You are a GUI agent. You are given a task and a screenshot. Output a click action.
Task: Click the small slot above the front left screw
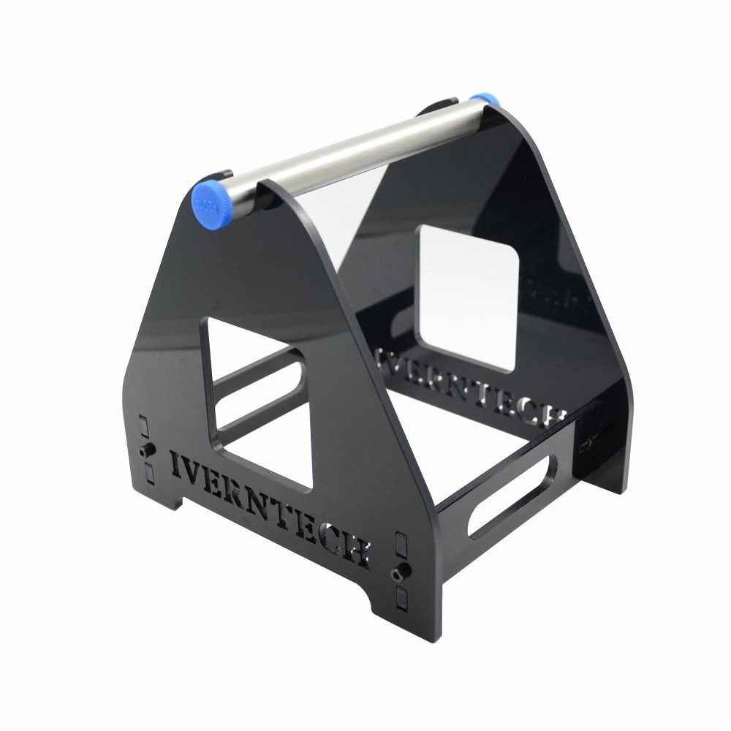tap(144, 426)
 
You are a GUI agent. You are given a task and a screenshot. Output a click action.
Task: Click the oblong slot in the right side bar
tap(512, 497)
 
